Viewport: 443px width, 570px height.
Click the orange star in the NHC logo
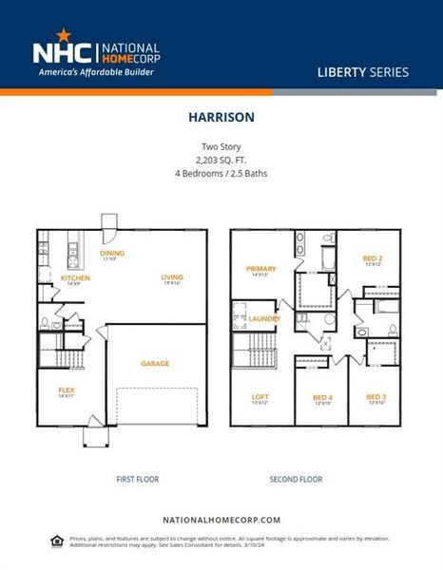pos(63,35)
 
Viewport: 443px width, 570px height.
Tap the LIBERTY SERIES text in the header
pos(362,72)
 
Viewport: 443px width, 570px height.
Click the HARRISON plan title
pos(221,121)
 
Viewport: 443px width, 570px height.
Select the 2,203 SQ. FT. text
pos(221,161)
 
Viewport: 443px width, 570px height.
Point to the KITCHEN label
pos(75,278)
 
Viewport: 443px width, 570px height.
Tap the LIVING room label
pos(172,277)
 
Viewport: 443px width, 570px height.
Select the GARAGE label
pos(156,363)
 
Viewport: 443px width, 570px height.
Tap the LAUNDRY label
pos(264,319)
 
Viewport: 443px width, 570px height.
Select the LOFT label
pos(260,397)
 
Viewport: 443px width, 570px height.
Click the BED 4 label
pos(322,397)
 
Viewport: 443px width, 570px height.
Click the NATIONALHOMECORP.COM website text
pos(221,520)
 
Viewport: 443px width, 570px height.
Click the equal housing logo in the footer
pos(57,541)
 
